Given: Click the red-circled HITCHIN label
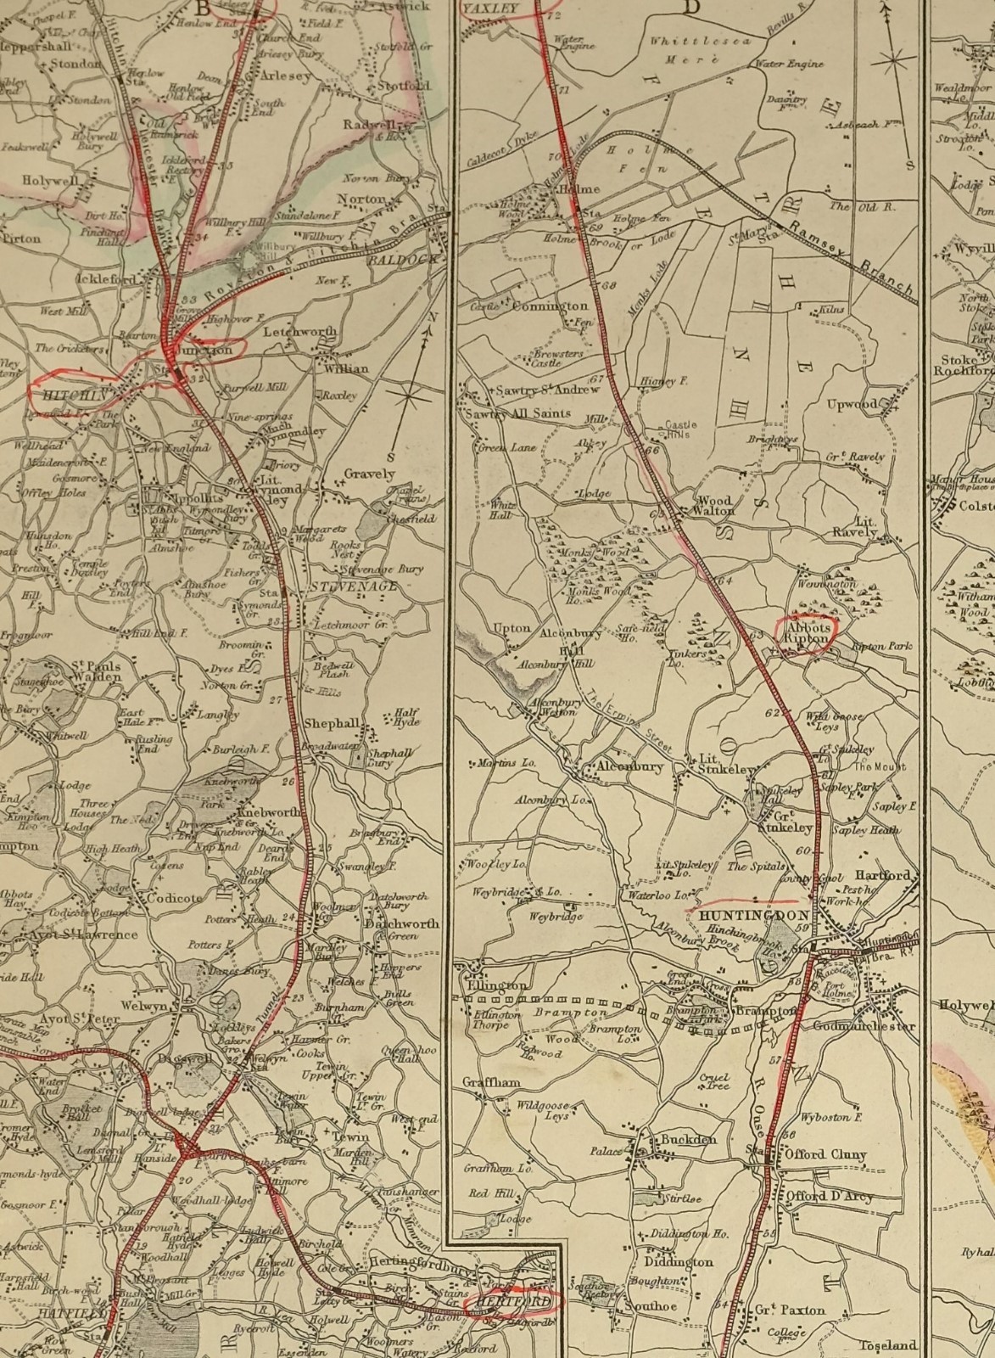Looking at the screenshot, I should [x=71, y=396].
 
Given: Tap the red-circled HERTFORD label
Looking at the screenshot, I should [x=513, y=1301].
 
